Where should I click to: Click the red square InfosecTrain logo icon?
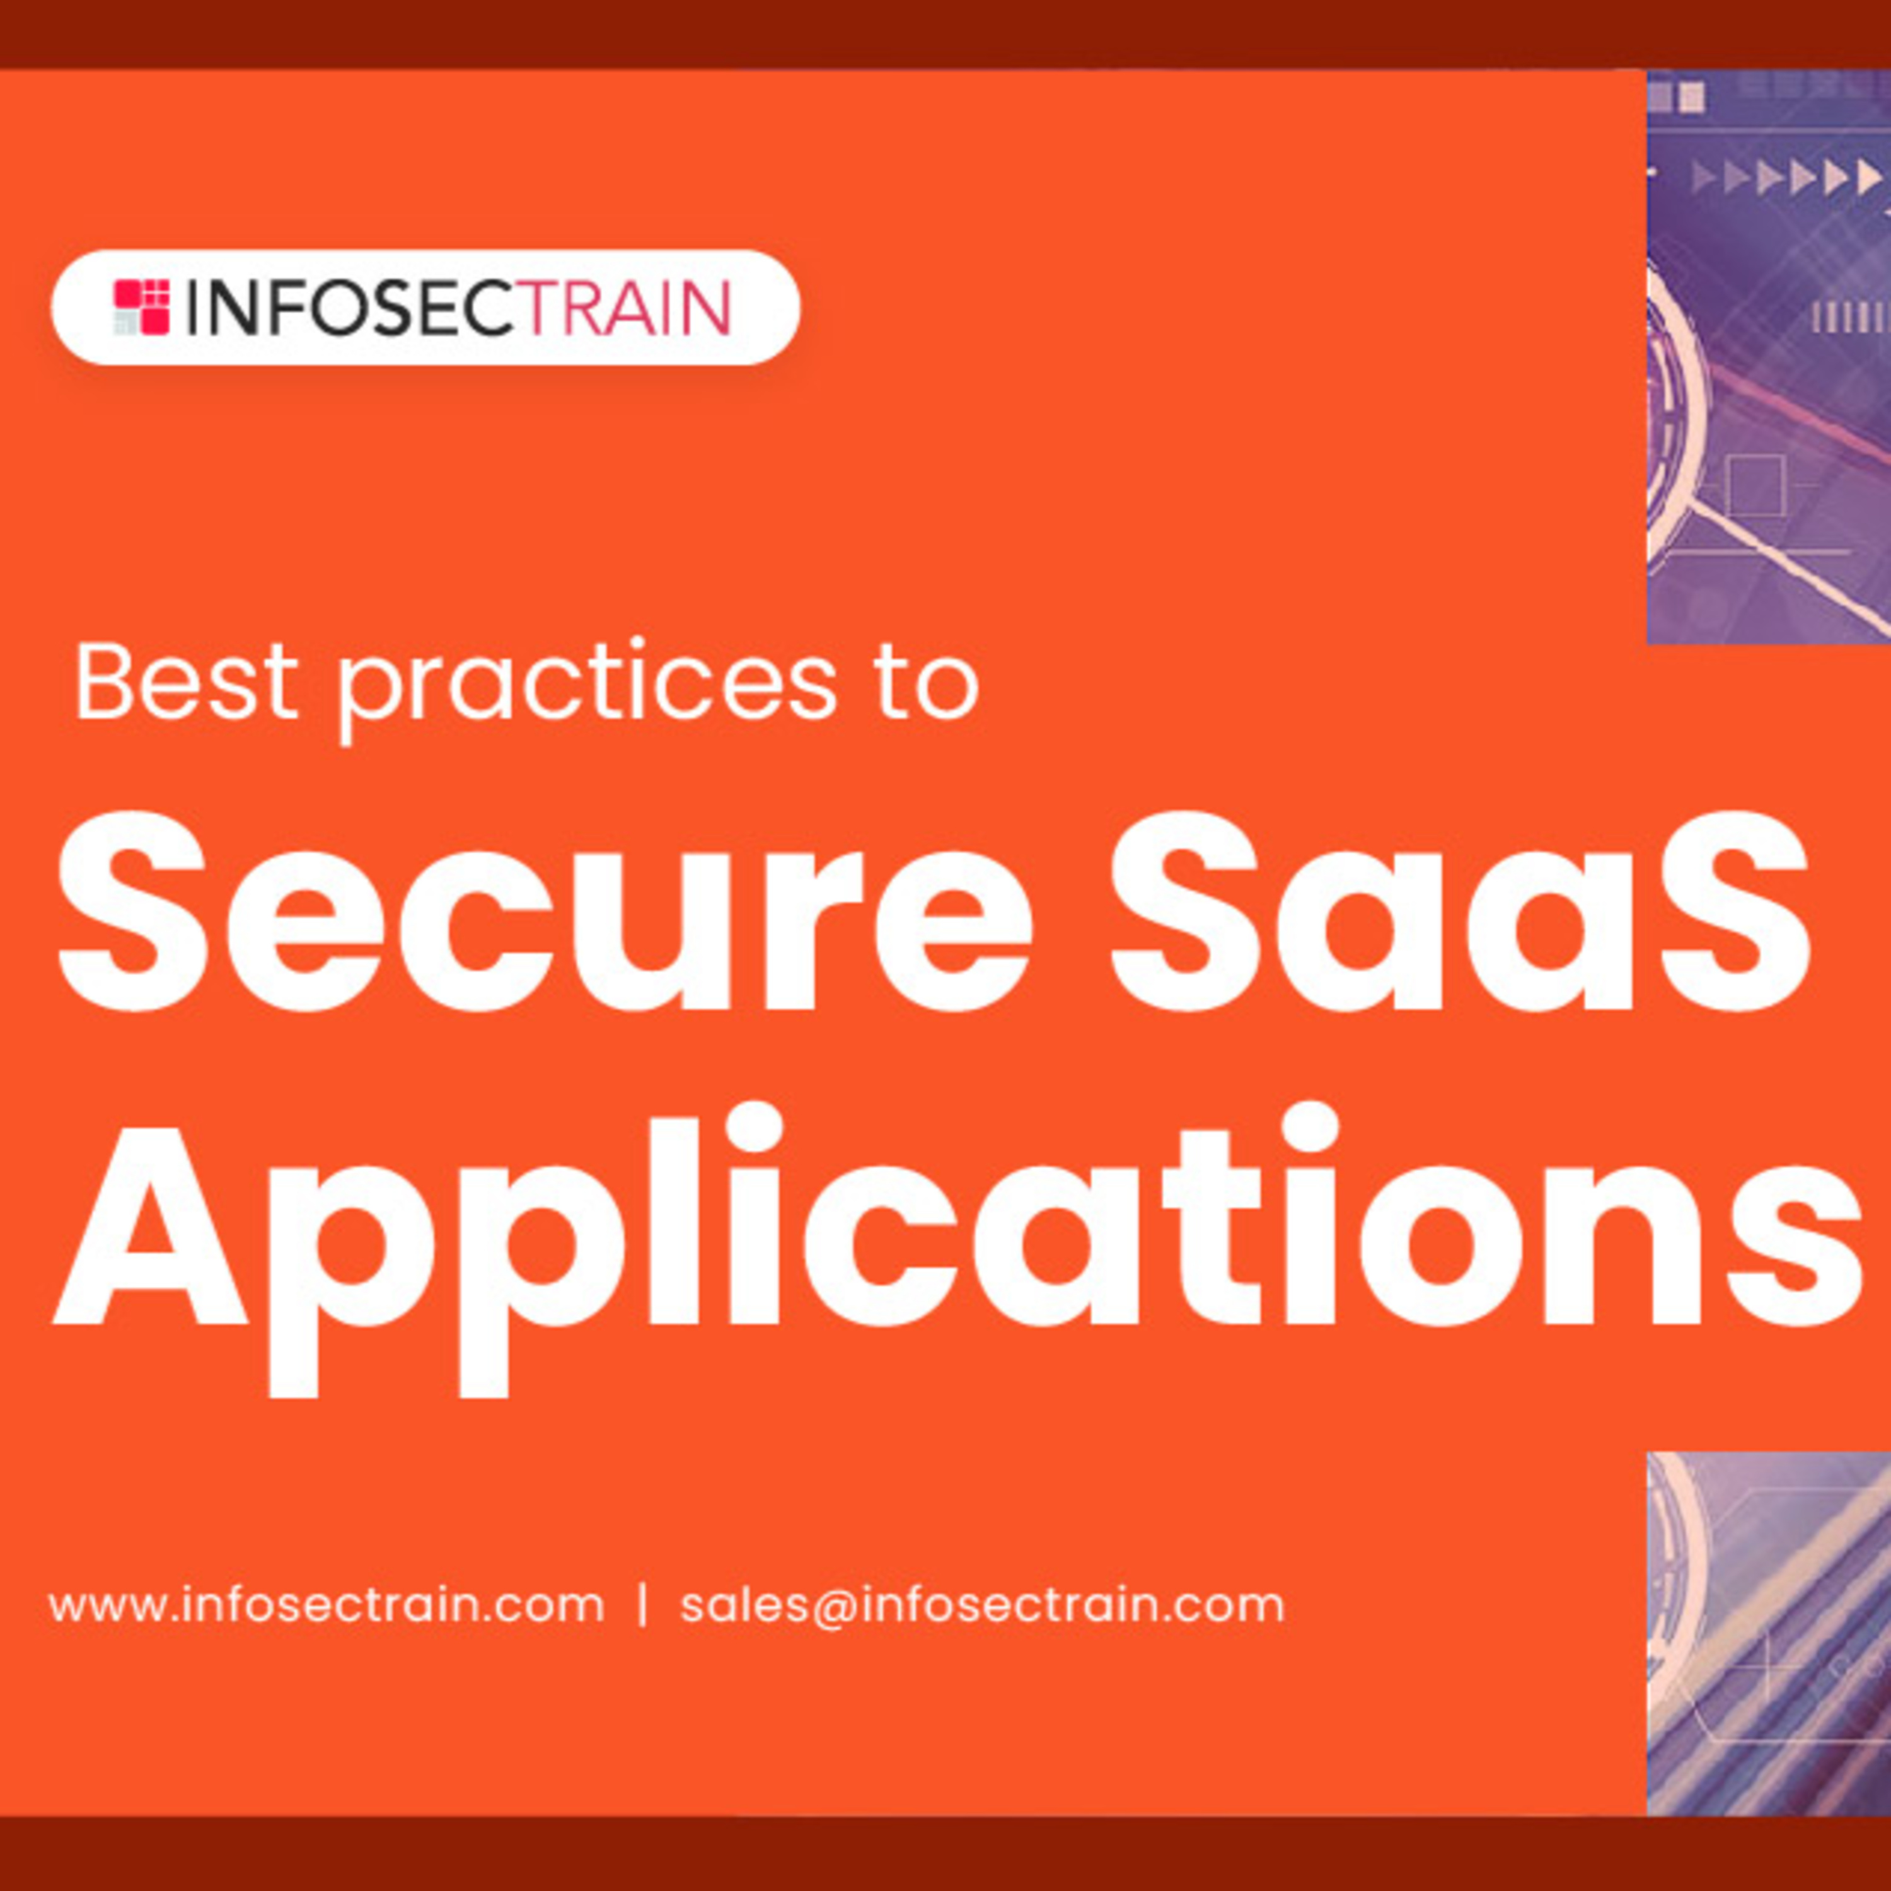pyautogui.click(x=142, y=308)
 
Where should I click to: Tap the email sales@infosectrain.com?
pyautogui.click(x=981, y=1606)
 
